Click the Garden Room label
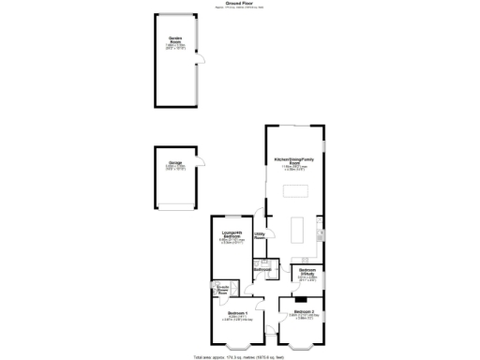pos(175,40)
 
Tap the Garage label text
pos(175,163)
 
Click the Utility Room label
pos(261,236)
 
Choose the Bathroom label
pos(262,269)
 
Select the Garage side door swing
pos(200,160)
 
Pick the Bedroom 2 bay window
pos(303,347)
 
